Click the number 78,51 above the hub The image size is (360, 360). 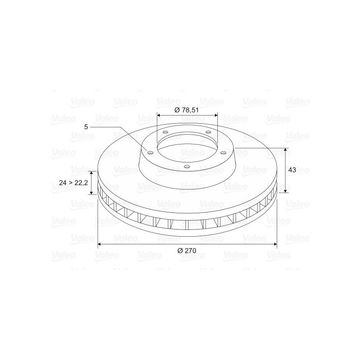click(190, 110)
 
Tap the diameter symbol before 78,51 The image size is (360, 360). click(177, 110)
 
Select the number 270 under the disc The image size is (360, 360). click(190, 251)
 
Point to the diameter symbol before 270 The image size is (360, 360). click(180, 251)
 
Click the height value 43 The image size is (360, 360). click(292, 170)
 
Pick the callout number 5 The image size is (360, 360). click(86, 127)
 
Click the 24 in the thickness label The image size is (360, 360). click(63, 183)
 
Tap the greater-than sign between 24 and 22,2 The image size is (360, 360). click(70, 183)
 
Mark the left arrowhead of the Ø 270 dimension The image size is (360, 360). click(100, 244)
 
